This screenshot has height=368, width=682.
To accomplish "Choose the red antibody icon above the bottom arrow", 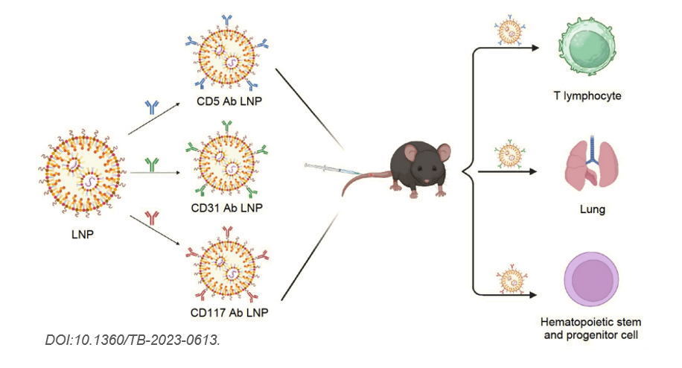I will pyautogui.click(x=153, y=218).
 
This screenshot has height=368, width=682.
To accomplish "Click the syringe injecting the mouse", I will pyautogui.click(x=328, y=169).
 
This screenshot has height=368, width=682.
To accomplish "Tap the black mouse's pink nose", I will pyautogui.click(x=425, y=181).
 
